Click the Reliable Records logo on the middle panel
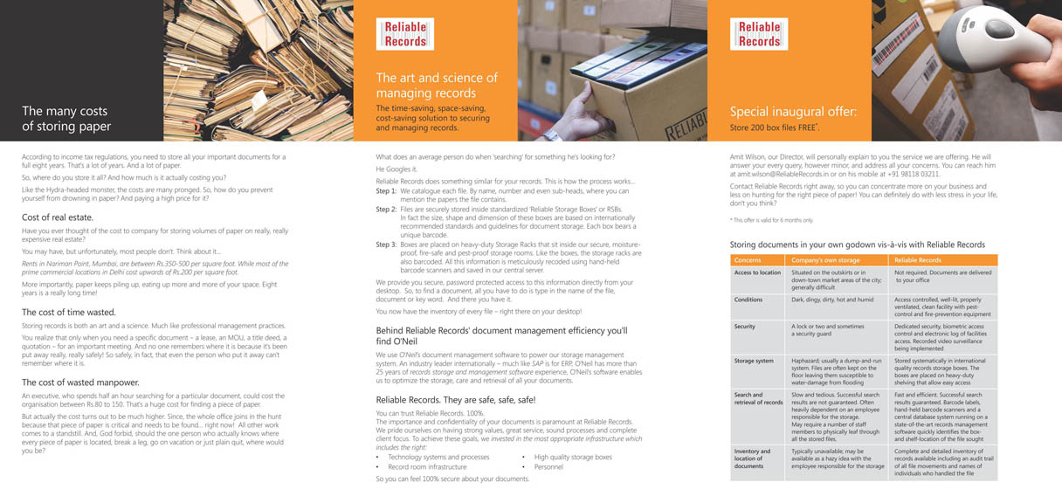404,34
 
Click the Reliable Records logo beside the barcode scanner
758,34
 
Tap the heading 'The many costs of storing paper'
66,119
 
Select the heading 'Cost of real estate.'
58,217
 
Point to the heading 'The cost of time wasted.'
68,312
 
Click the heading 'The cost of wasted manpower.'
80,382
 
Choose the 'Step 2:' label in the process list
386,210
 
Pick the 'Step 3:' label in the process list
386,245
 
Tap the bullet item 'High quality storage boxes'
573,457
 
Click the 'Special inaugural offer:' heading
793,112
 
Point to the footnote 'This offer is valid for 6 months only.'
772,220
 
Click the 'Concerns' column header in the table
748,260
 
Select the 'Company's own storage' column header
825,260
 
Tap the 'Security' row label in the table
745,326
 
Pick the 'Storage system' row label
754,360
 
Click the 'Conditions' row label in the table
748,300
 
